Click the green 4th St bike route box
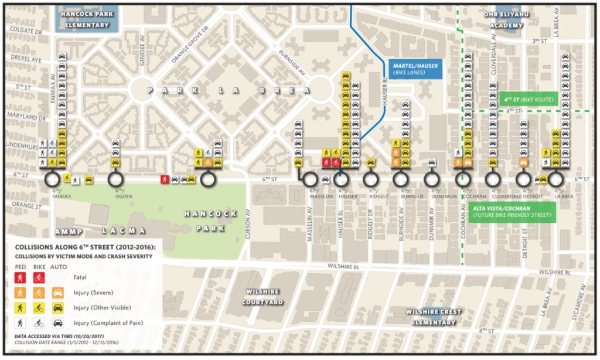527,100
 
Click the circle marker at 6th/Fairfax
52,178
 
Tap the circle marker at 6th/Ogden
115,178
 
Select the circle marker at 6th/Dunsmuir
431,178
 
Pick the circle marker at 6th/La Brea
555,178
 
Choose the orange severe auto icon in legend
57,292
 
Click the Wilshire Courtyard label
262,297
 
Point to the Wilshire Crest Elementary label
434,317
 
